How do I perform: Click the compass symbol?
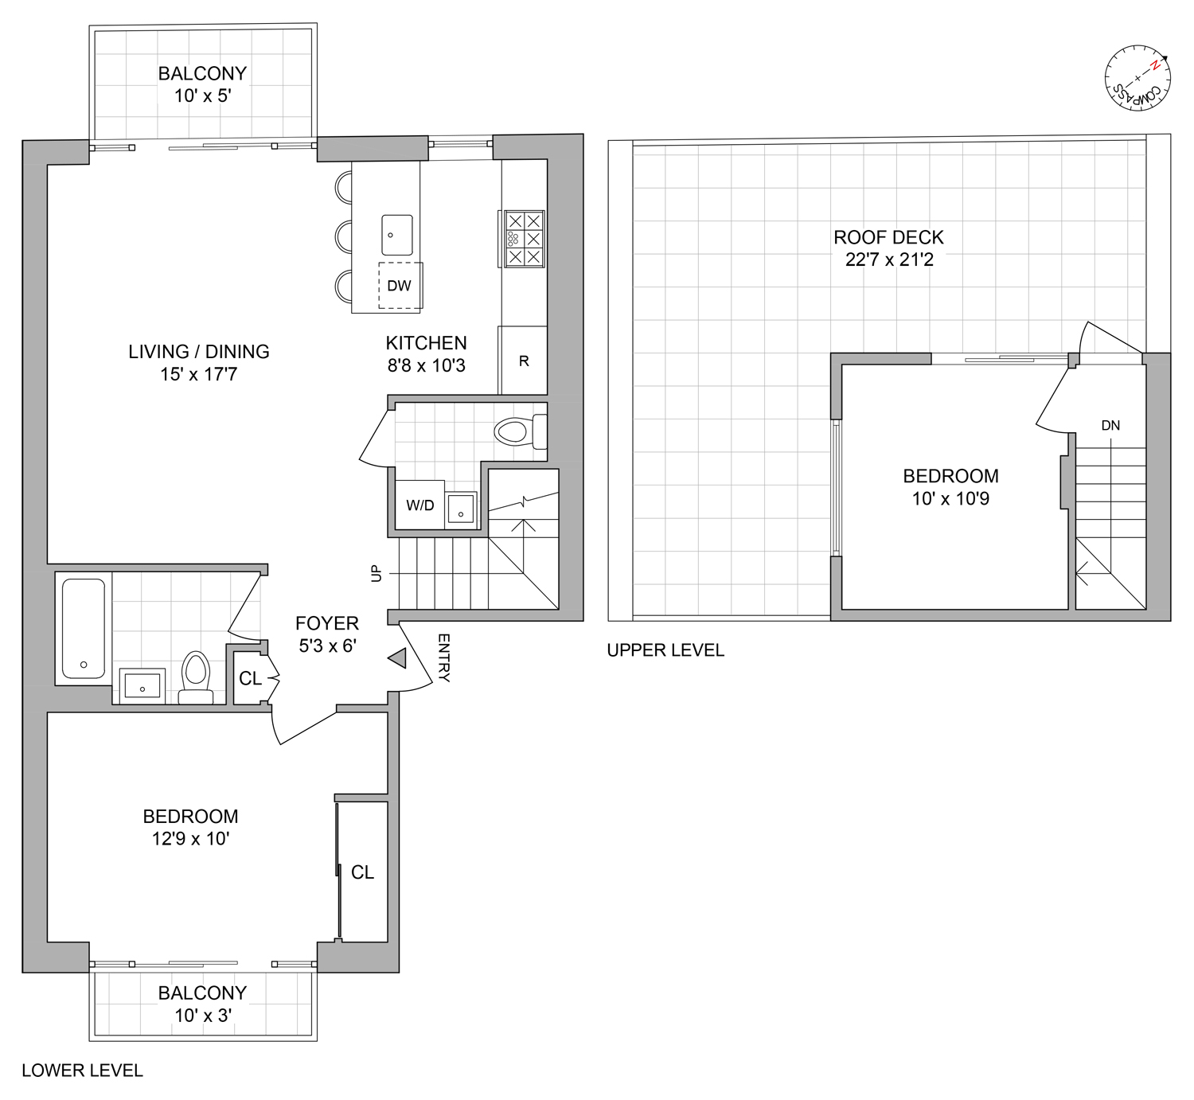pos(1137,79)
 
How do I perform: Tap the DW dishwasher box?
pos(400,285)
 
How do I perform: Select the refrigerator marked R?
pos(523,361)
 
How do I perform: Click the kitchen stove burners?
pos(524,238)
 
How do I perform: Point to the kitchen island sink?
pos(397,235)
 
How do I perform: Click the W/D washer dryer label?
pos(420,505)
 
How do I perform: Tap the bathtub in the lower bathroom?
pos(84,629)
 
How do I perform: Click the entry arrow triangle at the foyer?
pos(397,658)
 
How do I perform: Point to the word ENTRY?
pos(443,658)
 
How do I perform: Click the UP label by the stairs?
pos(377,573)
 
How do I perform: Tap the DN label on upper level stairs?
pos(1110,426)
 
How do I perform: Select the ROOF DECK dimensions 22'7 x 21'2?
pos(889,259)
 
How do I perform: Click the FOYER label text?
pos(326,623)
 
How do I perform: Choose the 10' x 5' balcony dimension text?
pos(202,96)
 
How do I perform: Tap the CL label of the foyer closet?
pos(250,678)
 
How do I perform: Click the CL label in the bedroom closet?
pos(362,872)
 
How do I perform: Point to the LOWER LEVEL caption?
pos(82,1071)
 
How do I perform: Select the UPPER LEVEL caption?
pos(665,650)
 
